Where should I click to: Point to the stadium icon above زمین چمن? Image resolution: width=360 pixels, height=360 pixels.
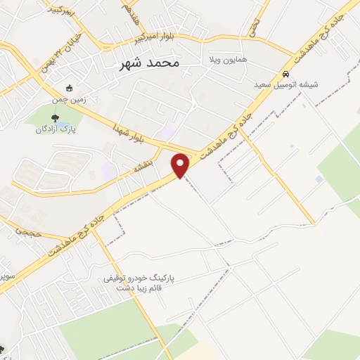68,89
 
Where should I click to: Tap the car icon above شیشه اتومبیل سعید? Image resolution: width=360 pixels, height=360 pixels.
285,75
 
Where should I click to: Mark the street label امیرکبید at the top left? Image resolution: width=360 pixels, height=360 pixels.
62,9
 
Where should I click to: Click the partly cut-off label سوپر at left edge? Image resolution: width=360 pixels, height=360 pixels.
6,275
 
